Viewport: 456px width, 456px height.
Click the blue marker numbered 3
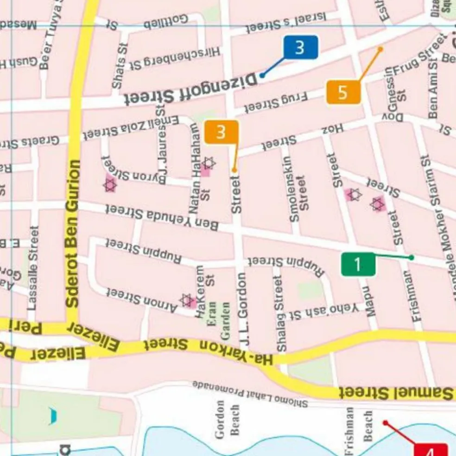pos(301,48)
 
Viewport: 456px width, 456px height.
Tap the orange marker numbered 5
pos(343,92)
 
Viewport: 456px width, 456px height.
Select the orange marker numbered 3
pos(221,132)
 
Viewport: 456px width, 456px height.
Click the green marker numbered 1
pos(358,265)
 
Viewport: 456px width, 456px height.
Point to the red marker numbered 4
pos(431,450)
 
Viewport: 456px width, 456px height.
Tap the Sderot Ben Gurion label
pos(73,234)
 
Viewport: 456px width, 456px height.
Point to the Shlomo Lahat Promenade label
pos(250,393)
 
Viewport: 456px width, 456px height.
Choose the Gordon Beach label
pos(228,420)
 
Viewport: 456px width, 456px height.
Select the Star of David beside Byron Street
pos(110,185)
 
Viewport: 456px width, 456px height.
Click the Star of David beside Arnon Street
pos(187,300)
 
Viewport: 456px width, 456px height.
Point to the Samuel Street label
pos(396,393)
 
